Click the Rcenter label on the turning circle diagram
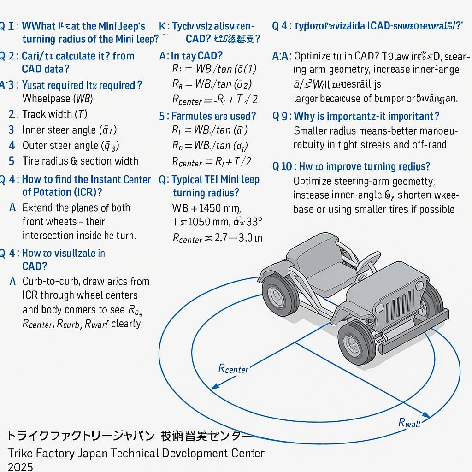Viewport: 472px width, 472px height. click(233, 368)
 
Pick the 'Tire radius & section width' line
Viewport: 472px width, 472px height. click(80, 161)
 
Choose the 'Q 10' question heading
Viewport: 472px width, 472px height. click(282, 166)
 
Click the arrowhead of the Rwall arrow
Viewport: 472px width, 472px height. click(427, 417)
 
